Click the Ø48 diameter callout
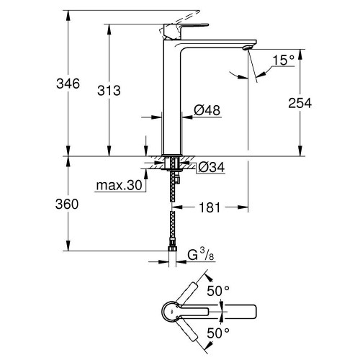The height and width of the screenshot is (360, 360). coord(206,110)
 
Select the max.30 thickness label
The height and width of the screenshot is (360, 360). coord(117,187)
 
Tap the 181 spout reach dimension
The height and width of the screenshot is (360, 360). coord(210,207)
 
